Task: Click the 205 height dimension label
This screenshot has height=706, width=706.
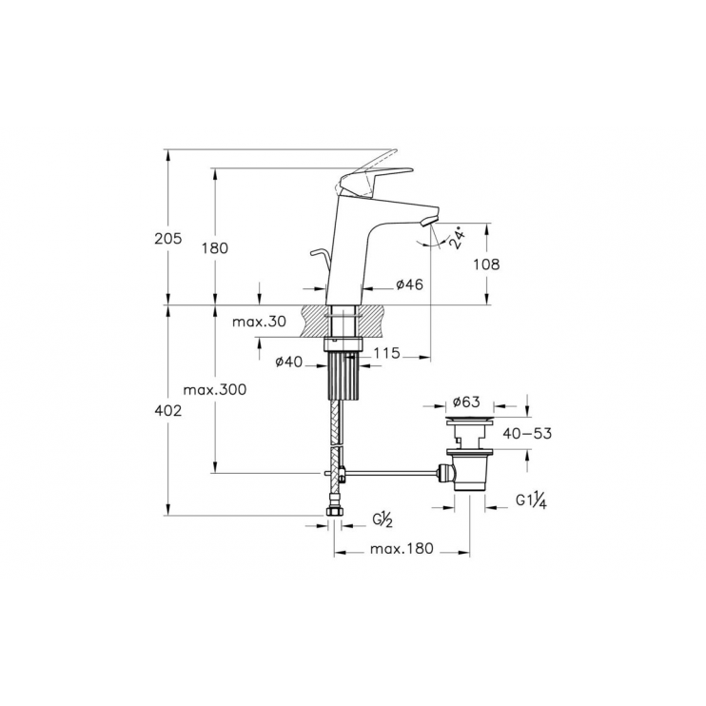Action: (167, 241)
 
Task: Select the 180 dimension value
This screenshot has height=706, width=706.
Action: (215, 247)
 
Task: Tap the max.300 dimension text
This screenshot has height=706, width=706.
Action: (215, 390)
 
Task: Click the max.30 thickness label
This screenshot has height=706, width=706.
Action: (259, 322)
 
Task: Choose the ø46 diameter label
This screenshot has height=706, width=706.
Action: (409, 284)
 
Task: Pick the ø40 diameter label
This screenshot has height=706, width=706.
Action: (288, 361)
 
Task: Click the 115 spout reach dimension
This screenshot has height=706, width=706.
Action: (385, 353)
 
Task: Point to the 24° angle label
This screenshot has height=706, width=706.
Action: (461, 238)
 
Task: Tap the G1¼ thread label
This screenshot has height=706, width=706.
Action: (529, 500)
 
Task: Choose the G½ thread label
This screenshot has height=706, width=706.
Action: (382, 519)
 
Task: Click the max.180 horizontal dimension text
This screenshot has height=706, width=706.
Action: (402, 549)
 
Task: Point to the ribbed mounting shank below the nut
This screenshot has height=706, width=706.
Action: (341, 381)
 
